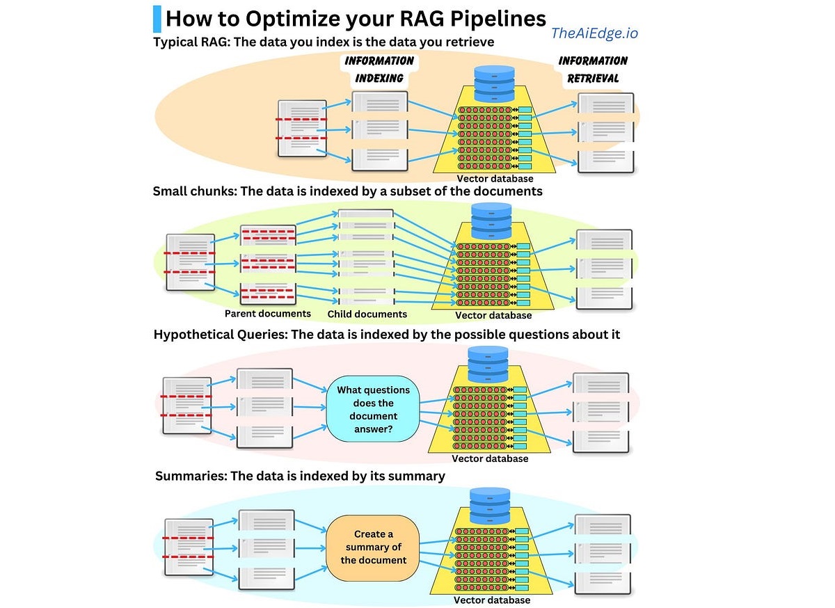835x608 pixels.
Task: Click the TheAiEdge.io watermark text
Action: click(594, 33)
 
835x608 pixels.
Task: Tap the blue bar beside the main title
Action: click(157, 17)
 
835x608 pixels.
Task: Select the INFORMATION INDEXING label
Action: click(379, 70)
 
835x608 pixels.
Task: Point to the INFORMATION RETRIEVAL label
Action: click(593, 70)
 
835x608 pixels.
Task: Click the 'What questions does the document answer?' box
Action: click(372, 409)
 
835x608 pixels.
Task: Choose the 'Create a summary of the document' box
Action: click(374, 547)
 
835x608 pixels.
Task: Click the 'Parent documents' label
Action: click(267, 314)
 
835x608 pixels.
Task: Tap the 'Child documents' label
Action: click(367, 314)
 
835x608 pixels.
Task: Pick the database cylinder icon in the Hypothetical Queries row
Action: click(488, 364)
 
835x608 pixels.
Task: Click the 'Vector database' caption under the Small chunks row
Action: click(493, 315)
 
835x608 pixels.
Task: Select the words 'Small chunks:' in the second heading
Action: click(194, 191)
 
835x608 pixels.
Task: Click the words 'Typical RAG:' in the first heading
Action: click(191, 42)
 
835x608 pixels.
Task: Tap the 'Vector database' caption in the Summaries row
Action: click(492, 600)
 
